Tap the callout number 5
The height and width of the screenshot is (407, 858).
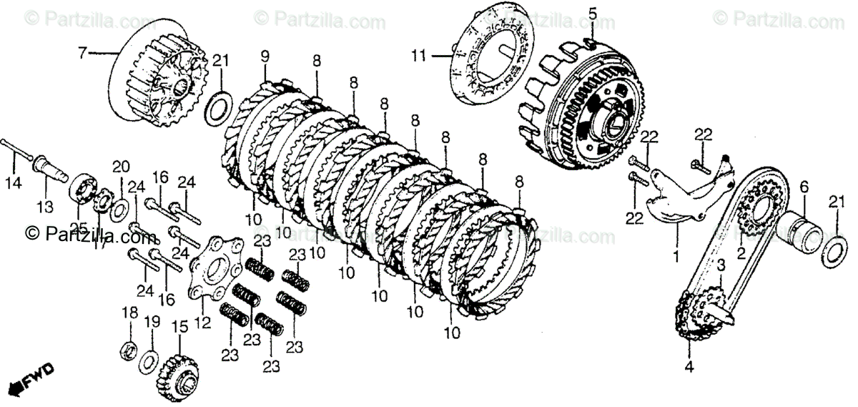point(592,12)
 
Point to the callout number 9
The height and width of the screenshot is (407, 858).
point(265,57)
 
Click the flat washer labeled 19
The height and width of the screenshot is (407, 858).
point(151,357)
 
